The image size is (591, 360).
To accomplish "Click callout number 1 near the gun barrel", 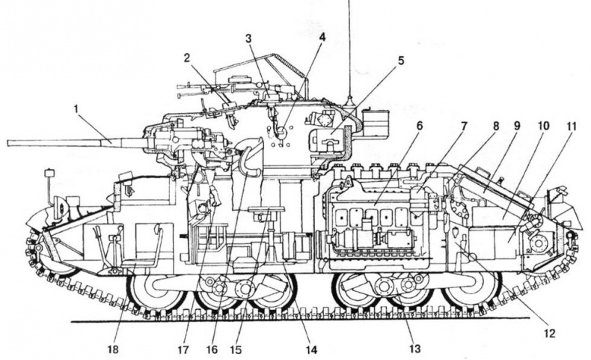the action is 76,109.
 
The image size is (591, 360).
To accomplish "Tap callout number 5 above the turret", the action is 401,61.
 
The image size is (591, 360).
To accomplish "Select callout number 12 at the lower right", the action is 550,333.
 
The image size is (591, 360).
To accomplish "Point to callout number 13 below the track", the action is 414,349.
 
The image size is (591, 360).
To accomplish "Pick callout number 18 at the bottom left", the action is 113,349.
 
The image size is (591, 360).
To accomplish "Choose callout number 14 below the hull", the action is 311,350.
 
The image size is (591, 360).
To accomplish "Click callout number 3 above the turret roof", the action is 248,38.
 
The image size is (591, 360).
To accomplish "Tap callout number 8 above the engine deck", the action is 496,126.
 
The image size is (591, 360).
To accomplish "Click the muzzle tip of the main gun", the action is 8,142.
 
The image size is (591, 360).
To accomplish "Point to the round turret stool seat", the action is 267,209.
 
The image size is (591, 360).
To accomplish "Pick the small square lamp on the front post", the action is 49,174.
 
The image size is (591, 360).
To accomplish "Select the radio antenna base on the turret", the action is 349,102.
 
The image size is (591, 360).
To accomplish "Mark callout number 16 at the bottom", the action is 212,350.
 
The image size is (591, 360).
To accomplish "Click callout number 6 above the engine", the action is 420,126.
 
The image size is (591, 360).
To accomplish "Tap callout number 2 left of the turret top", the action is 187,58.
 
